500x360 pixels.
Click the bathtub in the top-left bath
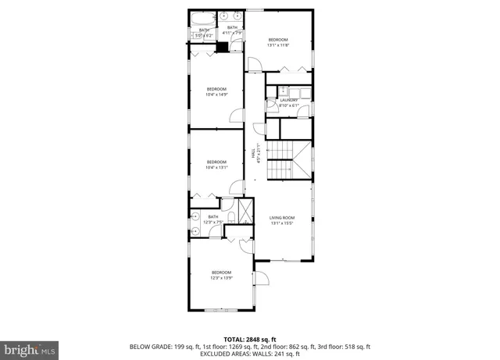click(202, 16)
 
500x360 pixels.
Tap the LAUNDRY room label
click(289, 100)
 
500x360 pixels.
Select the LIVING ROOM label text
click(282, 218)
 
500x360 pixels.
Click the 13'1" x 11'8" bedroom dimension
click(279, 45)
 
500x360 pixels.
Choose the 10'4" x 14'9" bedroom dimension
click(216, 94)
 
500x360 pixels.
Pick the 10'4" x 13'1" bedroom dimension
click(216, 167)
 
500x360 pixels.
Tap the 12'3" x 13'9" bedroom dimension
click(221, 277)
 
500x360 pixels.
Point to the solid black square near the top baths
click(222, 47)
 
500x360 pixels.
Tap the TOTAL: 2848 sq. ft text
click(249, 339)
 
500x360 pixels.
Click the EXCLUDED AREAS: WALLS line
click(249, 353)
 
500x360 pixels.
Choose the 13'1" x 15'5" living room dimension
click(282, 223)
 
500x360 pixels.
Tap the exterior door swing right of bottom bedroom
click(263, 278)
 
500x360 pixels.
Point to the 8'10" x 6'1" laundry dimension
click(289, 105)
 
